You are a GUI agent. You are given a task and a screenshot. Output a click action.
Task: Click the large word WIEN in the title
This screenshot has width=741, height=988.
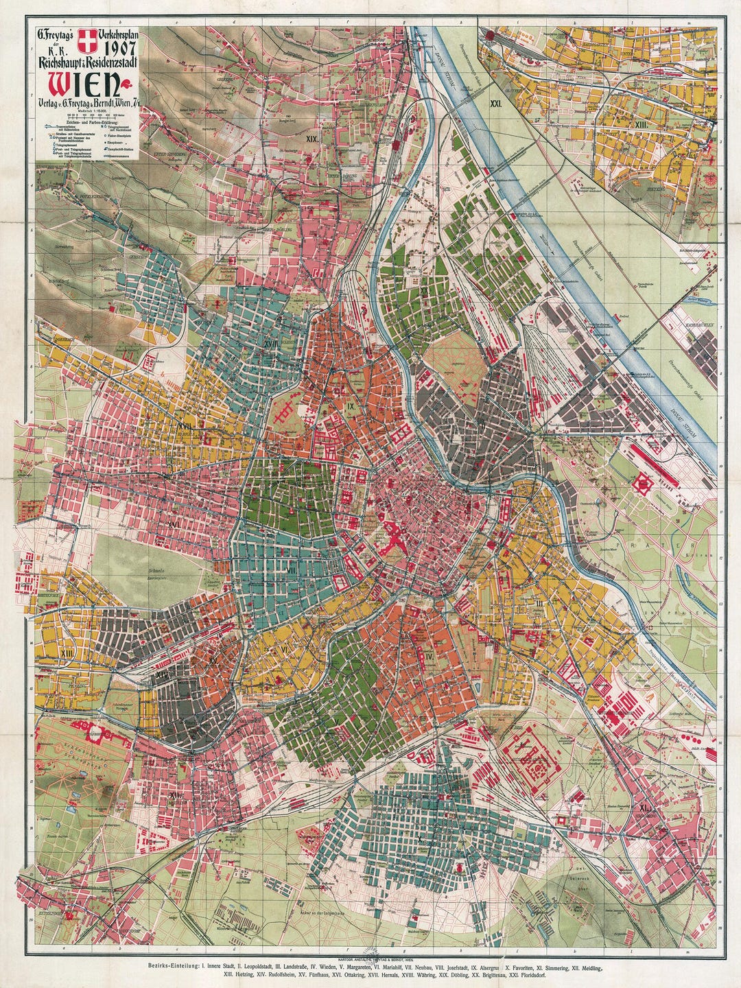tap(80, 84)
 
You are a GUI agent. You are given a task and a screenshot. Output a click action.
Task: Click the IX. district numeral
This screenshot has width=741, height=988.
tap(351, 406)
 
